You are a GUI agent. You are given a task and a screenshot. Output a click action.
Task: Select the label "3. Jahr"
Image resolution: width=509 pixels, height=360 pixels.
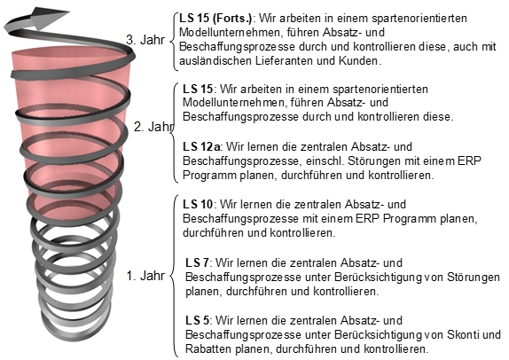point(145,40)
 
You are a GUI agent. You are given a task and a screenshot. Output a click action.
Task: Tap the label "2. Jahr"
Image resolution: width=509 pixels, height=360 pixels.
point(153,127)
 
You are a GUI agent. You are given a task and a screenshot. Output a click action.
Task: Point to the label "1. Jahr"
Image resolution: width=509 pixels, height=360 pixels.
point(145,276)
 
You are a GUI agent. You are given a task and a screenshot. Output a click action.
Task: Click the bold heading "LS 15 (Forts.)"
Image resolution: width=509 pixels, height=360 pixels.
point(215,19)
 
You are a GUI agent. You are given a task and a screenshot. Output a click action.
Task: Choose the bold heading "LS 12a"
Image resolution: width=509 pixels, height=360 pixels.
point(201,146)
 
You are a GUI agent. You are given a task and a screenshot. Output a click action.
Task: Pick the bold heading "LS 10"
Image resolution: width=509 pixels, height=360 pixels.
point(198,205)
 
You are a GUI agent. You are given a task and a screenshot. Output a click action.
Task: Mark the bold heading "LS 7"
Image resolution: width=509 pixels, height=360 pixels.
point(197,262)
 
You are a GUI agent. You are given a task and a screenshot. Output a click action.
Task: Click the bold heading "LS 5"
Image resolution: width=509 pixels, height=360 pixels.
point(197,321)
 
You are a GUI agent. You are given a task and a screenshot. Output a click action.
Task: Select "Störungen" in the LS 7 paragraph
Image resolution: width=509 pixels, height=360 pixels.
point(474,277)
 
